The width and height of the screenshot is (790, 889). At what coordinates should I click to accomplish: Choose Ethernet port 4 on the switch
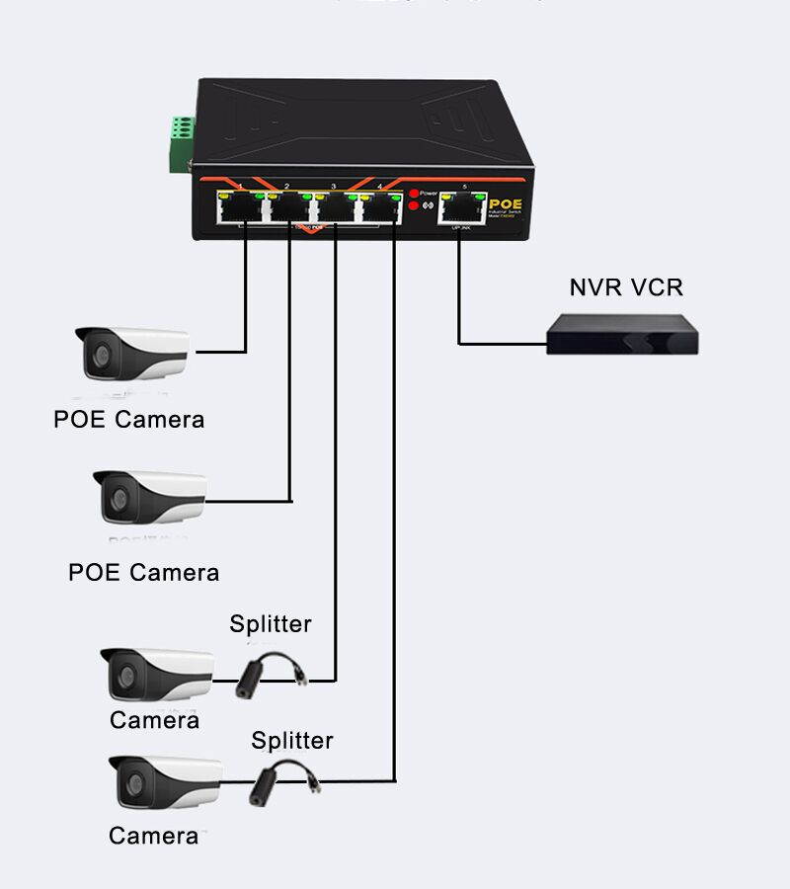click(381, 208)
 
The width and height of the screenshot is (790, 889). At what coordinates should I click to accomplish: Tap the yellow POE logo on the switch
click(505, 204)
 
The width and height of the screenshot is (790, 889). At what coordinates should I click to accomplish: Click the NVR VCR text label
click(626, 287)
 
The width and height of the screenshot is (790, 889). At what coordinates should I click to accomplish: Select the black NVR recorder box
click(623, 333)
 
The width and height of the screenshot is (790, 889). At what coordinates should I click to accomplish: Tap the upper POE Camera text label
click(129, 420)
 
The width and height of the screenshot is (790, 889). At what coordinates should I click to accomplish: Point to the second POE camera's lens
click(117, 499)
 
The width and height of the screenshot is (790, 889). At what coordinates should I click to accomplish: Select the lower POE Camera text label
click(144, 573)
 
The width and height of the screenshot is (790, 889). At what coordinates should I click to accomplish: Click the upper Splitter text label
click(271, 624)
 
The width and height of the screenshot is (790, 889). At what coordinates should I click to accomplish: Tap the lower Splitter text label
click(292, 741)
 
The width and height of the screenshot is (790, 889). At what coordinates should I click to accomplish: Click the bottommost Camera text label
click(153, 837)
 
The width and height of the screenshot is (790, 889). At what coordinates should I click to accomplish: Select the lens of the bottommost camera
click(131, 784)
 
